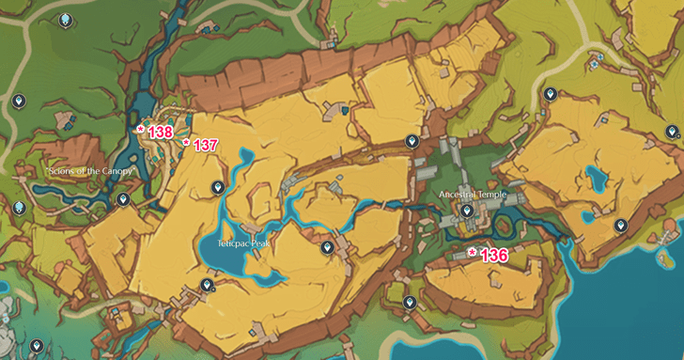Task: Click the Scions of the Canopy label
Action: [91, 172]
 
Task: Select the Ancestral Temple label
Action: [478, 195]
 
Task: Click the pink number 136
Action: [493, 255]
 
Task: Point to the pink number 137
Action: [205, 146]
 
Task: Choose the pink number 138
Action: [160, 133]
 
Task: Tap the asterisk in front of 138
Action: [141, 130]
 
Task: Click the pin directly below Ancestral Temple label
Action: [467, 211]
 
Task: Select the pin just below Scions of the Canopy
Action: [122, 200]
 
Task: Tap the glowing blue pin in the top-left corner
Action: [64, 20]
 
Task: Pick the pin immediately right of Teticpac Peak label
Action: [327, 247]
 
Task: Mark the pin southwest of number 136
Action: [410, 303]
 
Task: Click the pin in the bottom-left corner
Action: [37, 346]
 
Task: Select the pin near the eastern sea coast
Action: [620, 226]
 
